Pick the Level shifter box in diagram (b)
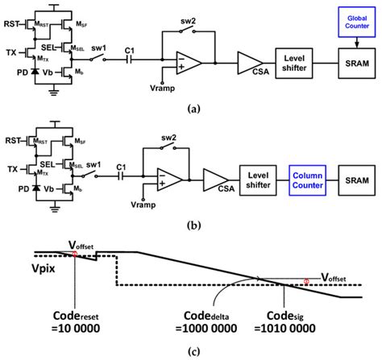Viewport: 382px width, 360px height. tap(260, 176)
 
